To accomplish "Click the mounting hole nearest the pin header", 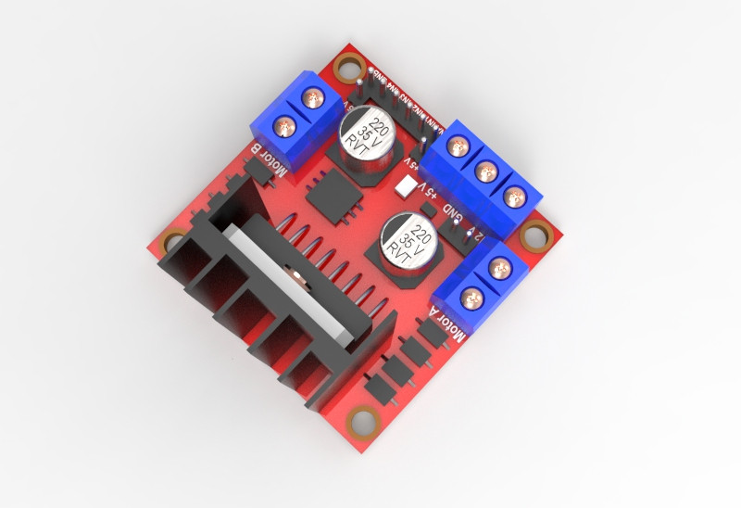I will [x=349, y=67].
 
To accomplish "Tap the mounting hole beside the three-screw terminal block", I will [x=534, y=235].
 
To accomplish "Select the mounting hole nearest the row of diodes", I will [x=362, y=422].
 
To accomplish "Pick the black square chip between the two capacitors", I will [x=329, y=196].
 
